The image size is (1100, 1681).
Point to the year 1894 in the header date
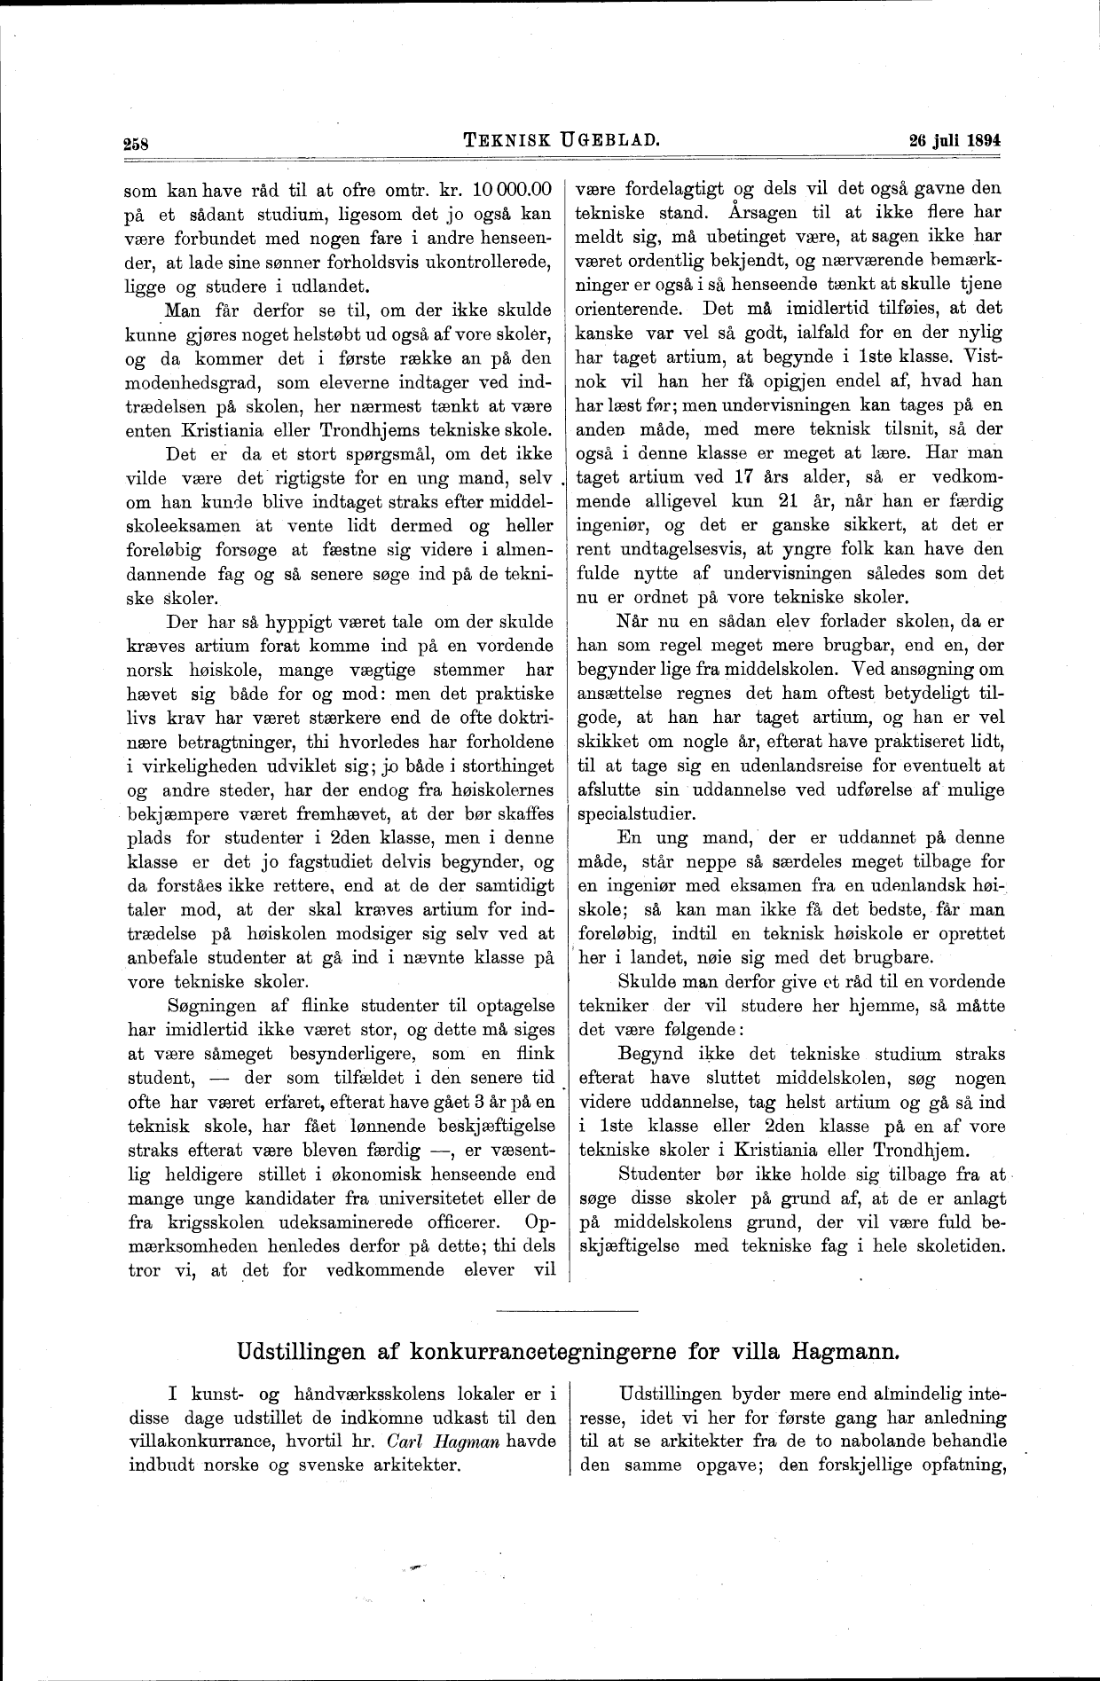(x=981, y=140)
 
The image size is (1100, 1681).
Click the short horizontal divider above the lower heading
(x=568, y=1310)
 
